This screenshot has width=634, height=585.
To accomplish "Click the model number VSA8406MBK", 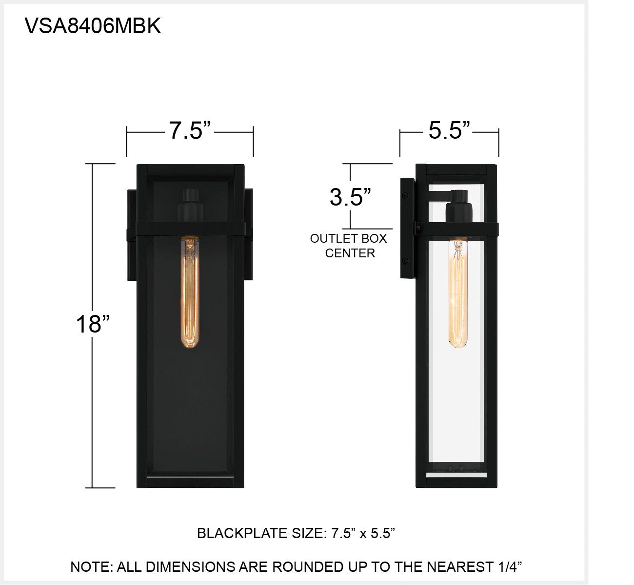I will [93, 26].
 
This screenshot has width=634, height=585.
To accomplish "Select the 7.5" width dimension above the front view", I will [190, 130].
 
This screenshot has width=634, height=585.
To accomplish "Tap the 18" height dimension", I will [92, 323].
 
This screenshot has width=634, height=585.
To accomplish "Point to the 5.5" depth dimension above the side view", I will [449, 130].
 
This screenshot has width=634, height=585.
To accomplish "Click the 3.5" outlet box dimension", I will [350, 197].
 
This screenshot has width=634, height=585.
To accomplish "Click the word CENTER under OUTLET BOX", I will [350, 253].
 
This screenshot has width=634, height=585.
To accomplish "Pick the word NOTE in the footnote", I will [91, 567].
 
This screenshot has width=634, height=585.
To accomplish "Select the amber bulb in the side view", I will [458, 293].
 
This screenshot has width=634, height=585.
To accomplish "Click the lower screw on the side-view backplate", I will [405, 261].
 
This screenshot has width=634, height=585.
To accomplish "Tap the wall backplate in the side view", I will [407, 229].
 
